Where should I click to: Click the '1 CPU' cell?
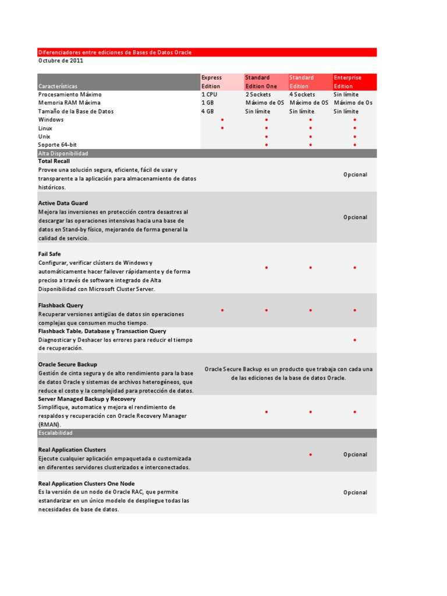pyautogui.click(x=210, y=94)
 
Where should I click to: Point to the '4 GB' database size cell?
pyautogui.click(x=208, y=111)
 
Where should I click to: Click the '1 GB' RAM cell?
pyautogui.click(x=208, y=103)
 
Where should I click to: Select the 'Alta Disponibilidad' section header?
pyautogui.click(x=63, y=154)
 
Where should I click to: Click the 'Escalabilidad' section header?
pyautogui.click(x=56, y=434)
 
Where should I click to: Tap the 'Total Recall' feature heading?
pyautogui.click(x=54, y=161)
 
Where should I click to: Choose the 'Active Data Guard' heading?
pyautogui.click(x=63, y=203)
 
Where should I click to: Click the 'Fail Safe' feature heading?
pyautogui.click(x=49, y=254)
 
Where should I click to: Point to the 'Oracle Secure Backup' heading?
pyautogui.click(x=68, y=364)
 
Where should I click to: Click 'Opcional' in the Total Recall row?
pyautogui.click(x=355, y=175)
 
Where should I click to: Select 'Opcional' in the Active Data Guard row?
pyautogui.click(x=355, y=217)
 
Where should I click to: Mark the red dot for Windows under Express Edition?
pyautogui.click(x=222, y=120)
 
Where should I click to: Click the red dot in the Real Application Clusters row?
pyautogui.click(x=311, y=455)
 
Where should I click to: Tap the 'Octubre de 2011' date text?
pyautogui.click(x=61, y=61)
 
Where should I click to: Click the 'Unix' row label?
pyautogui.click(x=45, y=136)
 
